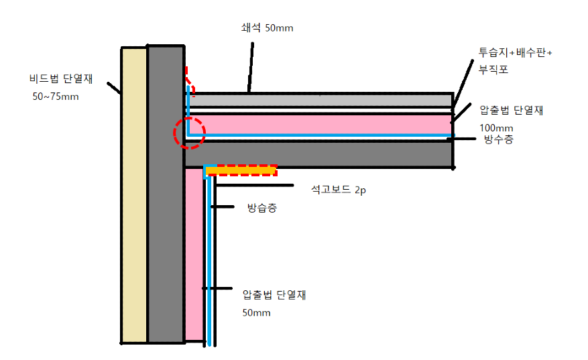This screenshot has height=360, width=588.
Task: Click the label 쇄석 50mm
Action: [x=267, y=28]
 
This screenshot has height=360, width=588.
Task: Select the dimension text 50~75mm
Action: [x=56, y=97]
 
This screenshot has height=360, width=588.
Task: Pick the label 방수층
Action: [x=498, y=140]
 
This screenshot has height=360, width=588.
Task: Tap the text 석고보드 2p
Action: [x=338, y=190]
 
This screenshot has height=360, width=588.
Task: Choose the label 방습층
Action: [x=261, y=208]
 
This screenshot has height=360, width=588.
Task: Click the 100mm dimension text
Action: [x=497, y=127]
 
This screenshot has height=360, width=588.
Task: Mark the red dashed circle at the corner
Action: [x=188, y=132]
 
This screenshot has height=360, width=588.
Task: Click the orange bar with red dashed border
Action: [x=241, y=171]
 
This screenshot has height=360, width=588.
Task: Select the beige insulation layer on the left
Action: [x=133, y=194]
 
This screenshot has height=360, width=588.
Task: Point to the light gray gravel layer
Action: [x=318, y=100]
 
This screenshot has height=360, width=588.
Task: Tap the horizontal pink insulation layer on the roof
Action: [x=318, y=124]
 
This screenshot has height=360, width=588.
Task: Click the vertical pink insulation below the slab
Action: [x=194, y=255]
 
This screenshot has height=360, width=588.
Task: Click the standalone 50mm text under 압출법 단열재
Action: [x=256, y=313]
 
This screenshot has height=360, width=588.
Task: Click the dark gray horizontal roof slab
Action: [x=318, y=155]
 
